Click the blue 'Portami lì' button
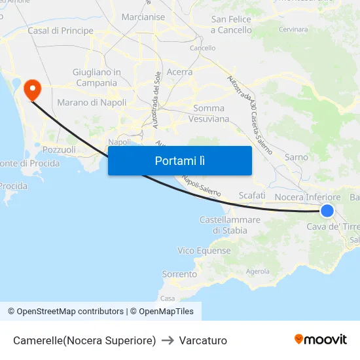pyautogui.click(x=179, y=160)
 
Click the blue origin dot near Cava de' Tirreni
pyautogui.click(x=327, y=210)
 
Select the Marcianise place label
pyautogui.click(x=143, y=16)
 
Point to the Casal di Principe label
pyautogui.click(x=60, y=31)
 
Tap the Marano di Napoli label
pyautogui.click(x=92, y=102)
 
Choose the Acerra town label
pyautogui.click(x=179, y=72)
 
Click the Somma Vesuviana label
pyautogui.click(x=209, y=113)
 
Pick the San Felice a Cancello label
pyautogui.click(x=231, y=25)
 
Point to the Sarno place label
pyautogui.click(x=296, y=157)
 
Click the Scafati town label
pyautogui.click(x=252, y=195)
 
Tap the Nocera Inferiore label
pyautogui.click(x=307, y=196)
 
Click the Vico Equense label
pyautogui.click(x=204, y=251)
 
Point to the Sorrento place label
pyautogui.click(x=179, y=274)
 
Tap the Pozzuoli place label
pyautogui.click(x=59, y=149)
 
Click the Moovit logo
pyautogui.click(x=321, y=340)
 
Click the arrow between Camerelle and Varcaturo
pyautogui.click(x=167, y=340)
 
